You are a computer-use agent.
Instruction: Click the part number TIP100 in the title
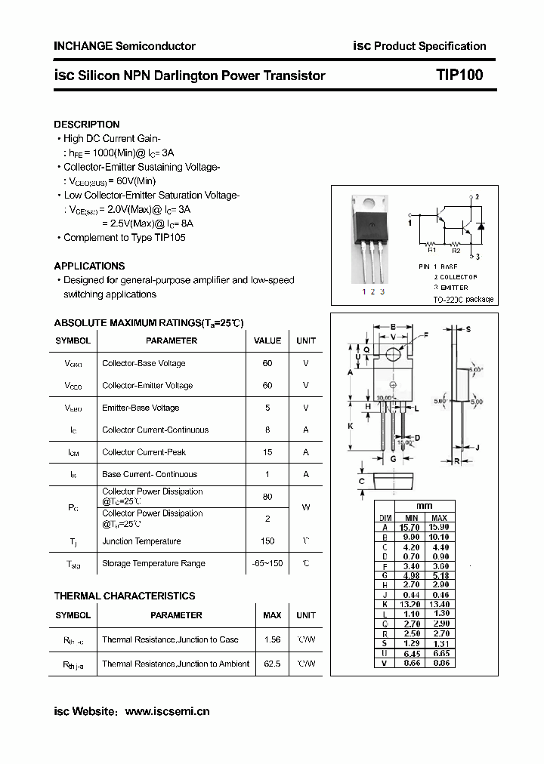[459, 75]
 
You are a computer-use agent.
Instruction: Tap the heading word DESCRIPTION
[87, 124]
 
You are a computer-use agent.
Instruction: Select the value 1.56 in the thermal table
[272, 639]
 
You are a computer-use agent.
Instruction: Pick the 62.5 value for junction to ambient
[272, 664]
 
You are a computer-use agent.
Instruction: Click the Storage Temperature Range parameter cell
[153, 563]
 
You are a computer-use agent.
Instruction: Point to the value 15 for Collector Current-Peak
[267, 452]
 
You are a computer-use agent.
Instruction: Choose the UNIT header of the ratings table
[306, 340]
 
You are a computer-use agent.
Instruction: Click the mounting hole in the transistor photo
[369, 203]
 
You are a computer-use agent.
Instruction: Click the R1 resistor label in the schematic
[432, 251]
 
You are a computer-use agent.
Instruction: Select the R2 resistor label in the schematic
[456, 251]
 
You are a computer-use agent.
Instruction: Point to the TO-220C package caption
[463, 300]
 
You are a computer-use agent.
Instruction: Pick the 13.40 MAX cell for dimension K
[440, 604]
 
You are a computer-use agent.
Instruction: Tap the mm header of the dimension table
[424, 506]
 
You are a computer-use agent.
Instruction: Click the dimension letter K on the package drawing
[351, 426]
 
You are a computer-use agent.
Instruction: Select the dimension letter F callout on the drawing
[425, 334]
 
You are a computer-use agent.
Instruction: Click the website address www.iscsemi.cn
[167, 711]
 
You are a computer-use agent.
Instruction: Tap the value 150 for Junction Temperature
[267, 541]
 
